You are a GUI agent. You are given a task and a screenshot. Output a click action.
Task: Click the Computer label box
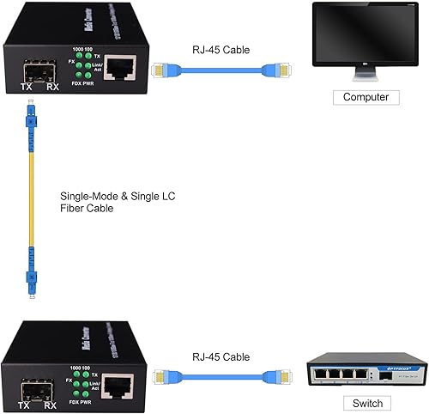point(366,97)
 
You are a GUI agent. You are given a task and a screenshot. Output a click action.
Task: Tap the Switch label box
point(366,403)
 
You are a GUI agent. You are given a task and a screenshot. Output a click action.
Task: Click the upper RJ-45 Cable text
point(223,50)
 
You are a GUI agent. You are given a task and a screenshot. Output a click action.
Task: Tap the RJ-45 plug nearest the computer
point(281,70)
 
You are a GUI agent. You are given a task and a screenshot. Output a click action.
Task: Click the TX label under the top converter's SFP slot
point(27,88)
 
